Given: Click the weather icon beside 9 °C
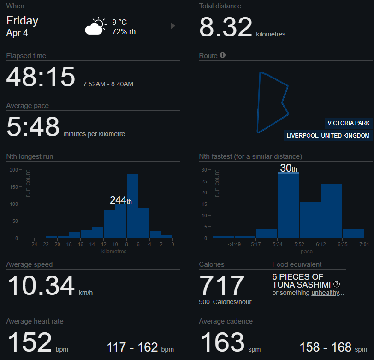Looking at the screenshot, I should [x=95, y=26].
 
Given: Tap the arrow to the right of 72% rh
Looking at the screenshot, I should [x=173, y=26].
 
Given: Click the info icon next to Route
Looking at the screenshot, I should [x=223, y=55].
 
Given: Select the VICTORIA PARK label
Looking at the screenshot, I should [x=349, y=123].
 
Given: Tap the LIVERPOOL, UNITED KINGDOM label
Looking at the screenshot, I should [x=328, y=136].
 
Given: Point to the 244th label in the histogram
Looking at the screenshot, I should [x=120, y=200].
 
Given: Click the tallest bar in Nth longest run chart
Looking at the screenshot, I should [x=132, y=205].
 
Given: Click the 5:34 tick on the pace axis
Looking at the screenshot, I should [x=278, y=244].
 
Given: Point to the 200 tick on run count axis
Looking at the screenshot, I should [x=13, y=170].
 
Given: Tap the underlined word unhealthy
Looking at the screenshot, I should [x=326, y=293].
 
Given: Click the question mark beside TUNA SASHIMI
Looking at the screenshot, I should [x=337, y=284].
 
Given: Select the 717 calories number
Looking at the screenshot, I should [x=222, y=286].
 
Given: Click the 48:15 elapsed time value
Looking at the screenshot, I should [x=41, y=77].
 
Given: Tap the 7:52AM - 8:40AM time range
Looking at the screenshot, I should [x=108, y=84].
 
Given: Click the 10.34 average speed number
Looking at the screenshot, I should [x=41, y=286].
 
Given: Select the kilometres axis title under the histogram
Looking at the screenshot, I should [x=114, y=252].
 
